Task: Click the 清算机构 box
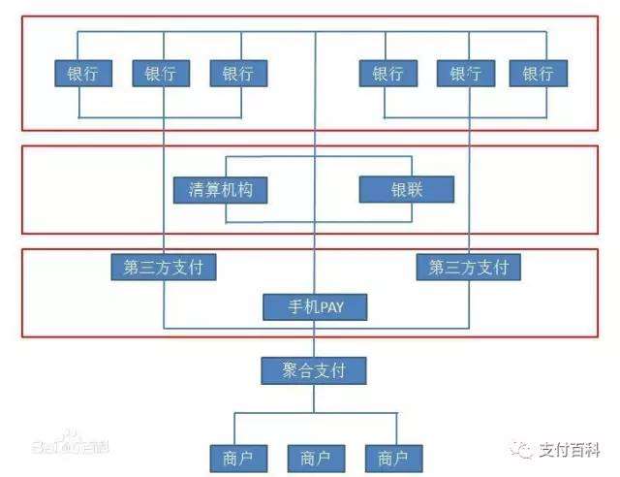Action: coord(221,189)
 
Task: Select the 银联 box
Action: coord(406,189)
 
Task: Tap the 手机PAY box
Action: coord(316,308)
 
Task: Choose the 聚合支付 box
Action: coord(316,369)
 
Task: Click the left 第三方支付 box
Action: coord(164,267)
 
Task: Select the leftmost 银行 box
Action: coord(82,74)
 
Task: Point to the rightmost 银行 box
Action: coord(539,74)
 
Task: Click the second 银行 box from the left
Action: coord(162,74)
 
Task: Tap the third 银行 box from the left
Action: coord(238,74)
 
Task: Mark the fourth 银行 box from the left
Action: coord(387,74)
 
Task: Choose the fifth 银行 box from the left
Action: coord(466,74)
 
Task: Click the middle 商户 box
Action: coord(316,457)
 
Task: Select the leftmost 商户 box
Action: coord(237,457)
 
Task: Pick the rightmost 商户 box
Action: coord(392,457)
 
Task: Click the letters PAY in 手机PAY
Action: coord(328,308)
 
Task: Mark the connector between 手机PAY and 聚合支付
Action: coord(316,338)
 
